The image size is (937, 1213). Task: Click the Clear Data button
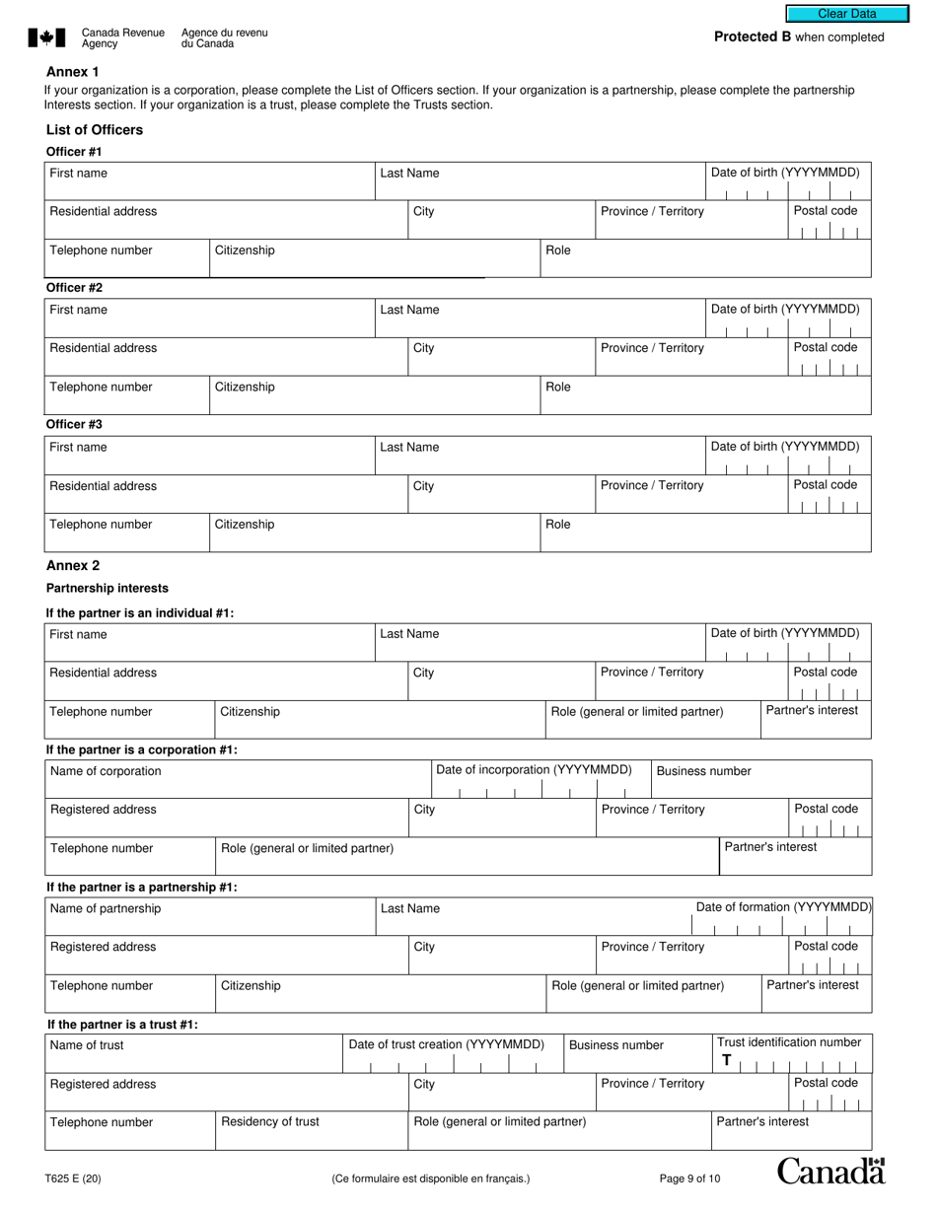(x=846, y=14)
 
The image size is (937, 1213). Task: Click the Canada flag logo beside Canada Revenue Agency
(x=46, y=38)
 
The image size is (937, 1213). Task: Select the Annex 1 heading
(x=73, y=72)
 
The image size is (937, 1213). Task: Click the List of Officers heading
(x=95, y=130)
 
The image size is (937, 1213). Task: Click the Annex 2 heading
(x=73, y=566)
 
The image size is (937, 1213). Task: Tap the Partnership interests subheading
(x=108, y=589)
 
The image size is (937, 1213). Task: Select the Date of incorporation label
(x=534, y=770)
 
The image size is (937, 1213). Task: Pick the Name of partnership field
(x=210, y=917)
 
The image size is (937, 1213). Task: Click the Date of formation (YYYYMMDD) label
(x=783, y=907)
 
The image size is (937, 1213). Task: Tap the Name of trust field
(x=193, y=1054)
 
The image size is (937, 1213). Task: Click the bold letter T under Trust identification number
(x=727, y=1061)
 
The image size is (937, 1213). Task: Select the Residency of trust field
(x=312, y=1131)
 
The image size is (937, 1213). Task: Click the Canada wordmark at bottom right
(x=830, y=1172)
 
